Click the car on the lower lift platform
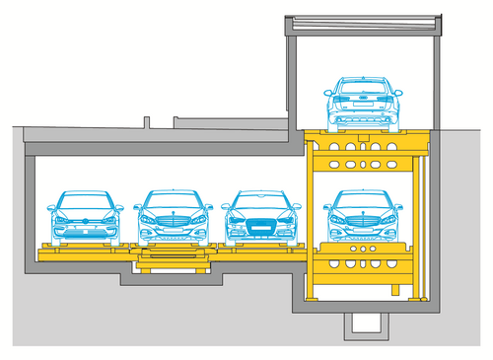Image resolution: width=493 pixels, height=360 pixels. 364,216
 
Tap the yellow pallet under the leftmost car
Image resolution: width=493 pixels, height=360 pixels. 86,252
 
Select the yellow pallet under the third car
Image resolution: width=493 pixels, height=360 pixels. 261,249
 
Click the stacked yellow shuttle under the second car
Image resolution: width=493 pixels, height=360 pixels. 174,261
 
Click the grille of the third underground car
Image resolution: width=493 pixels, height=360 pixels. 261,226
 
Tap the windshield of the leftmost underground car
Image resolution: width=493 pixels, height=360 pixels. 86,201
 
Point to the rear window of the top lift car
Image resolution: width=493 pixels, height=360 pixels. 364,87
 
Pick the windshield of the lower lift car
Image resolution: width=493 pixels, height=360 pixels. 364,200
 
